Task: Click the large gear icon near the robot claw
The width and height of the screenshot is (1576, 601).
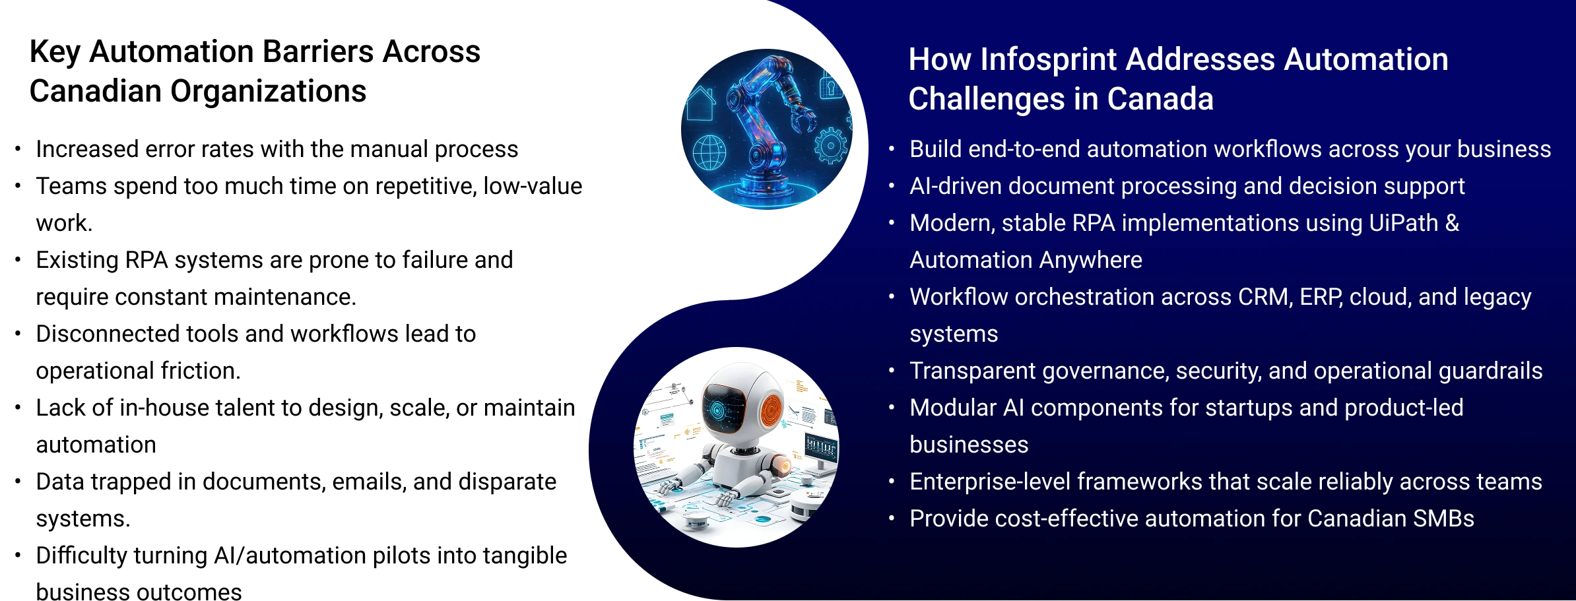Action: pyautogui.click(x=830, y=146)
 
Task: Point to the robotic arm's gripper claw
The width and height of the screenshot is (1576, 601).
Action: pyautogui.click(x=802, y=120)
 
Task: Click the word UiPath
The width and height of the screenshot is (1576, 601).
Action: pyautogui.click(x=1404, y=223)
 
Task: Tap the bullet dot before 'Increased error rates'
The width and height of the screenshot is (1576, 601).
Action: pyautogui.click(x=18, y=149)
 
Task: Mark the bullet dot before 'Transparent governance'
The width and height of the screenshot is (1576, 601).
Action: pyautogui.click(x=892, y=371)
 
